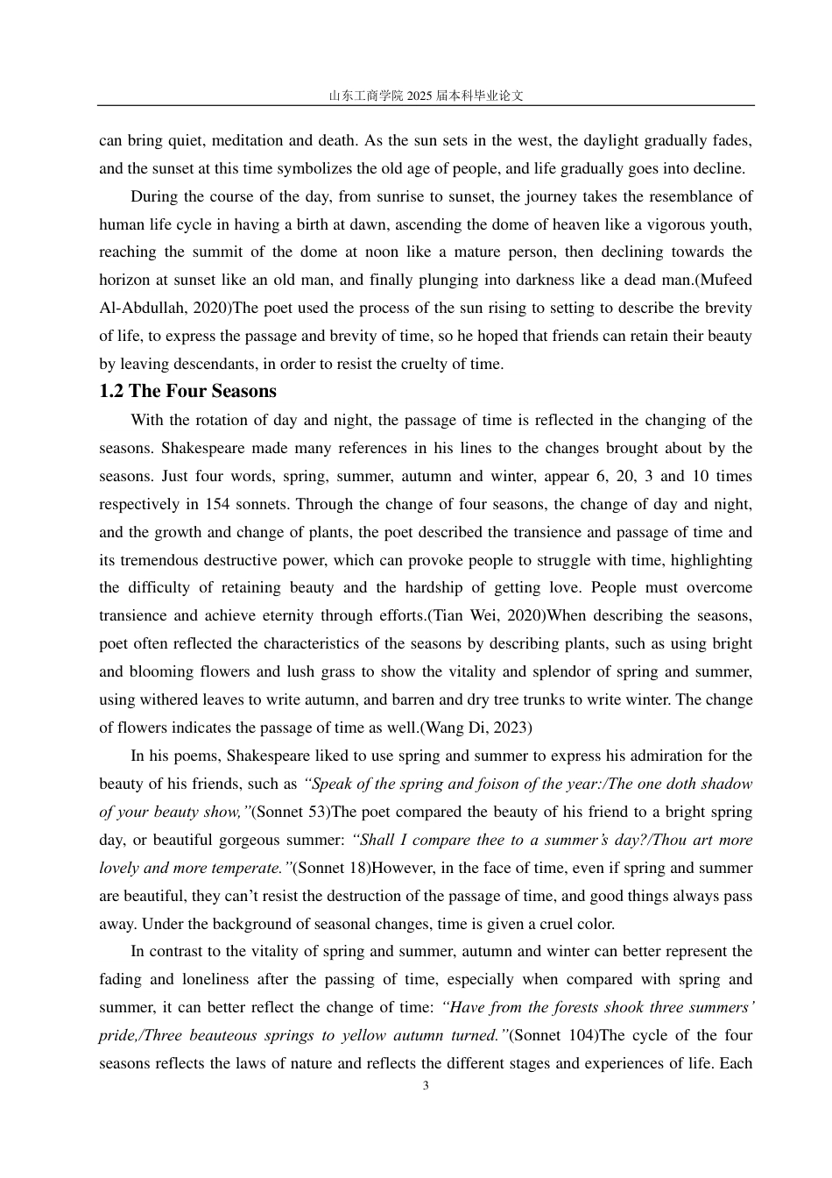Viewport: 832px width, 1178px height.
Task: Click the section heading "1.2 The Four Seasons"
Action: (x=187, y=392)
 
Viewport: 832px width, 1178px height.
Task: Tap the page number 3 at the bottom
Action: (x=426, y=1086)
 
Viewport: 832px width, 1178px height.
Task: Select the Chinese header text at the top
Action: (x=426, y=96)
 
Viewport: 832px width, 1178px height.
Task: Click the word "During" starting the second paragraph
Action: (x=154, y=196)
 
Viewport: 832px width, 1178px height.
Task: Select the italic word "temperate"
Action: (x=250, y=868)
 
